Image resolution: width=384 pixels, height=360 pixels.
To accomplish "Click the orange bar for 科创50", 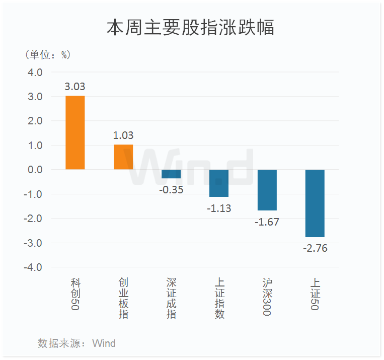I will tap(75, 132).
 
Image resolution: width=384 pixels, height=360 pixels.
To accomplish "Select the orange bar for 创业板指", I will tap(123, 157).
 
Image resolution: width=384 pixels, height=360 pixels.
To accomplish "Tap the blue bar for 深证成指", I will tap(171, 174).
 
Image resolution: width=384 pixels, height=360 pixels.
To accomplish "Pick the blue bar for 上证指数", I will tap(219, 183).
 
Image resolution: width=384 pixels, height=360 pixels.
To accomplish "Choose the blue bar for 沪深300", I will tap(267, 190).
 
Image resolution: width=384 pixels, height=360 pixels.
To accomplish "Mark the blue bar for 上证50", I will tap(315, 203).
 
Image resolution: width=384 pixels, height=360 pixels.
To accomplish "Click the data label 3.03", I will tap(75, 87).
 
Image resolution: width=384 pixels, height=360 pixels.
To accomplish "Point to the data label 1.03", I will tap(123, 135).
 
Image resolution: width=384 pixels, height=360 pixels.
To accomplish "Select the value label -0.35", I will tap(171, 190).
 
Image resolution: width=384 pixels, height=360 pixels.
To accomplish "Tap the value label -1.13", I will tap(219, 208).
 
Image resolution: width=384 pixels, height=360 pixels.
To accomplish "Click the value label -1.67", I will tap(267, 222).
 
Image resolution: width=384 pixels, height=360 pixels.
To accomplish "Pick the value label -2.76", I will tap(315, 248).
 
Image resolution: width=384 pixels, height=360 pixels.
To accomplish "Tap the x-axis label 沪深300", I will tap(267, 297).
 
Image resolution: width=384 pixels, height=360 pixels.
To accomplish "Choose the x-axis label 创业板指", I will tap(123, 298).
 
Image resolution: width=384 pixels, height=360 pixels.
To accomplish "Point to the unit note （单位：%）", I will tap(47, 54).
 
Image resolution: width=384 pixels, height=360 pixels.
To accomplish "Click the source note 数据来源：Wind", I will tap(76, 343).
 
